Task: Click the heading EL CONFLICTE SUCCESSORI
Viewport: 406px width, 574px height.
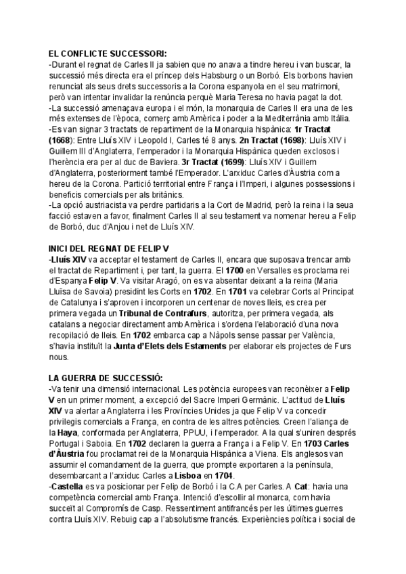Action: (108, 54)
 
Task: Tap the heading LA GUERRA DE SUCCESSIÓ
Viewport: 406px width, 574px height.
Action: (106, 377)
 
